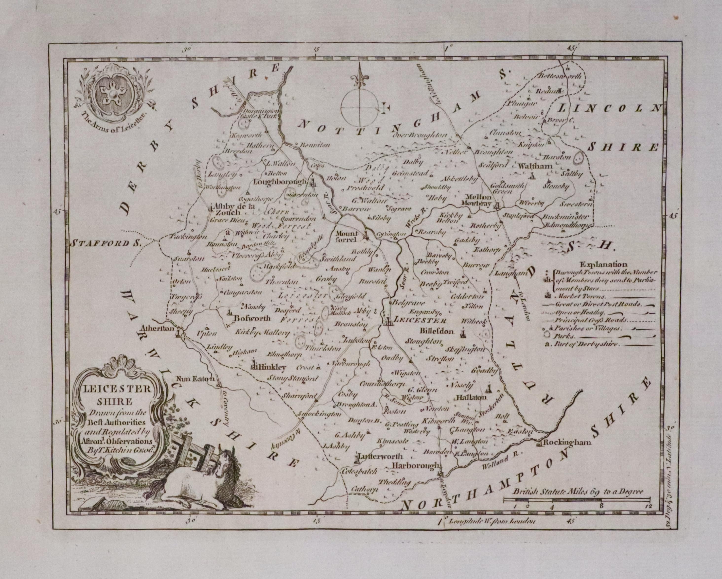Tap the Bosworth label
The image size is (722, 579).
[252, 318]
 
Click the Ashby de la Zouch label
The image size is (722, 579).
[231, 209]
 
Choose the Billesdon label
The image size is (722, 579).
[436, 331]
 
